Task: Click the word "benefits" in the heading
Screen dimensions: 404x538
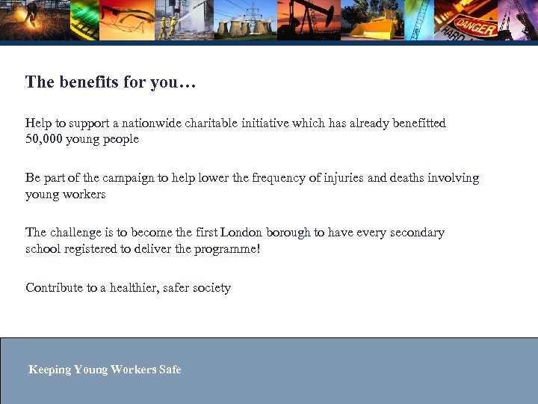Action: [81, 82]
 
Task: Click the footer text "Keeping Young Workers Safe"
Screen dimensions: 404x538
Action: [105, 369]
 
